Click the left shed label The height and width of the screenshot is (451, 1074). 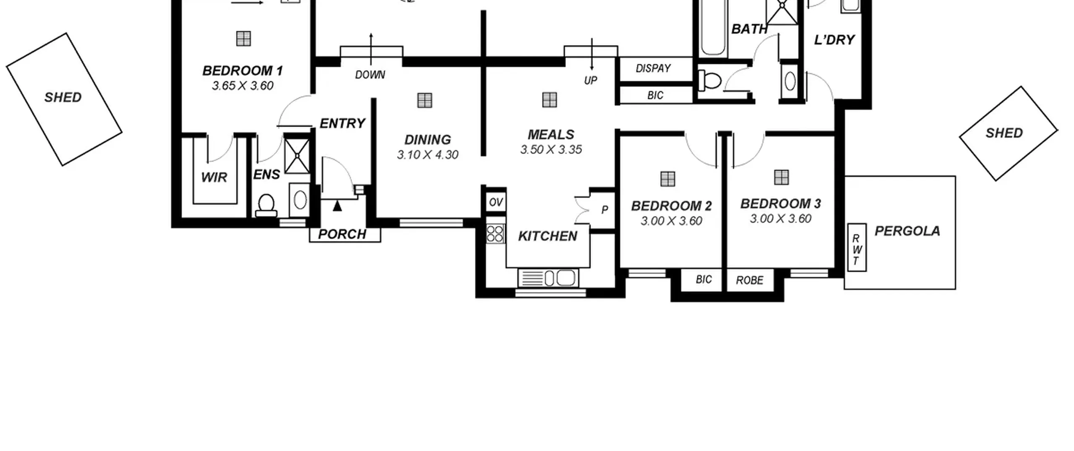tap(63, 97)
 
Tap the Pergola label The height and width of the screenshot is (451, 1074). tap(907, 231)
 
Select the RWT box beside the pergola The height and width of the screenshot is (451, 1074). tap(857, 247)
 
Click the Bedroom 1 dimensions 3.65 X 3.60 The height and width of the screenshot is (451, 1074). tap(242, 86)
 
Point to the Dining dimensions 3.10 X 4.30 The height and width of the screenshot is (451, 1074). tap(428, 155)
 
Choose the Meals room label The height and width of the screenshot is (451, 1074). tap(551, 134)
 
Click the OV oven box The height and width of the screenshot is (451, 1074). tap(496, 202)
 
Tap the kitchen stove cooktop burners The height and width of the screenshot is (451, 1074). tap(495, 234)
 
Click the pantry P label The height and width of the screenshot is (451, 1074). tap(605, 210)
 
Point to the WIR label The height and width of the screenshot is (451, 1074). tap(214, 177)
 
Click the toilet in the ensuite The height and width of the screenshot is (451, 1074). tap(266, 206)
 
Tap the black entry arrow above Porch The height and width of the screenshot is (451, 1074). tap(337, 206)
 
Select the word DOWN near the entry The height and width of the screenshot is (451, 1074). tap(370, 75)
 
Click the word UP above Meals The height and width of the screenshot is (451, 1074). tap(590, 80)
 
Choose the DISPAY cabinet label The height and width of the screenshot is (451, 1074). tap(653, 68)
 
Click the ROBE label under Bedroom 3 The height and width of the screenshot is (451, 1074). tap(750, 280)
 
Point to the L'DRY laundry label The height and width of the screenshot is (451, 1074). tap(834, 40)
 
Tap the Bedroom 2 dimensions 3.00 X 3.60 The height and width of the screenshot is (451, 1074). tap(671, 221)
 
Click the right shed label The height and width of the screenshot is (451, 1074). tap(1004, 133)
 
